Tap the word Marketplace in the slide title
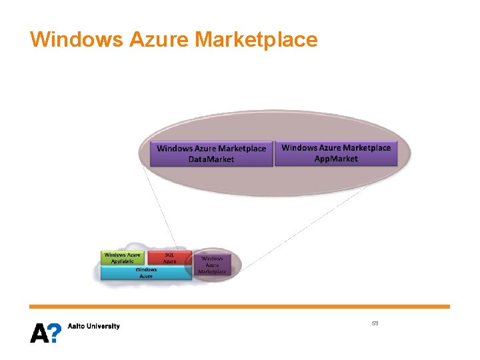(x=256, y=39)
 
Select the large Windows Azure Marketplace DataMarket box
(x=211, y=154)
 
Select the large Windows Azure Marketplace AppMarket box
(x=336, y=153)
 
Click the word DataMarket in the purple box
(x=211, y=159)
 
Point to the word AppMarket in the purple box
(x=337, y=159)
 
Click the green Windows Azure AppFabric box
(x=122, y=258)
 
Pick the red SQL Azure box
(x=170, y=258)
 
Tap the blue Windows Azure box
(x=146, y=273)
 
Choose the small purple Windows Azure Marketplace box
(x=212, y=265)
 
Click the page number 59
(x=375, y=323)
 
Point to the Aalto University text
(x=94, y=326)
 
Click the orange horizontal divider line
(x=240, y=307)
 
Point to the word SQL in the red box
(x=170, y=255)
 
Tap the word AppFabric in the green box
(x=122, y=261)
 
